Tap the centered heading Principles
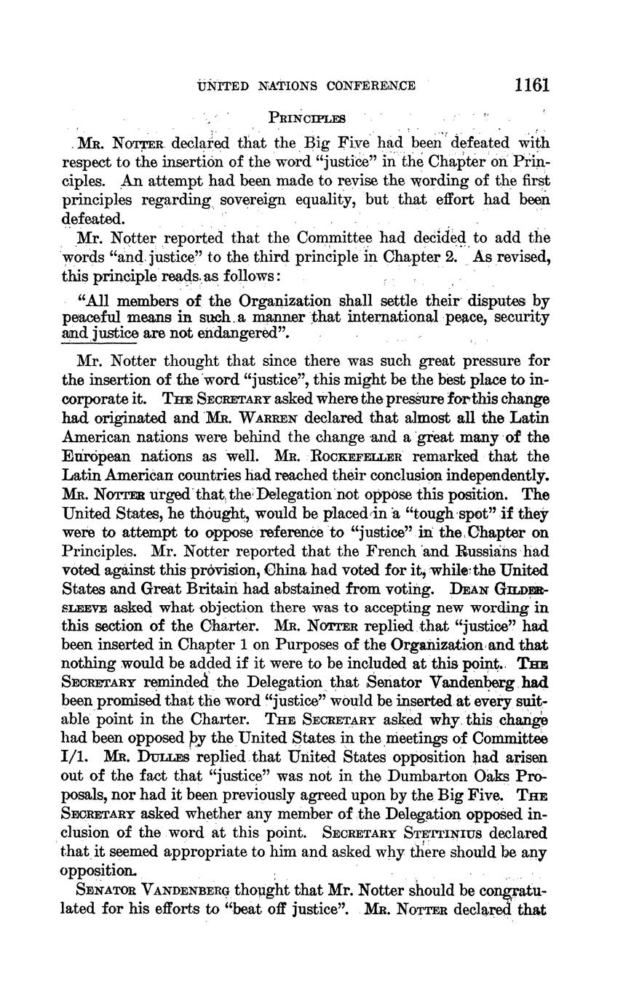[306, 117]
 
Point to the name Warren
[234, 419]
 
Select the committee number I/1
[74, 757]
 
